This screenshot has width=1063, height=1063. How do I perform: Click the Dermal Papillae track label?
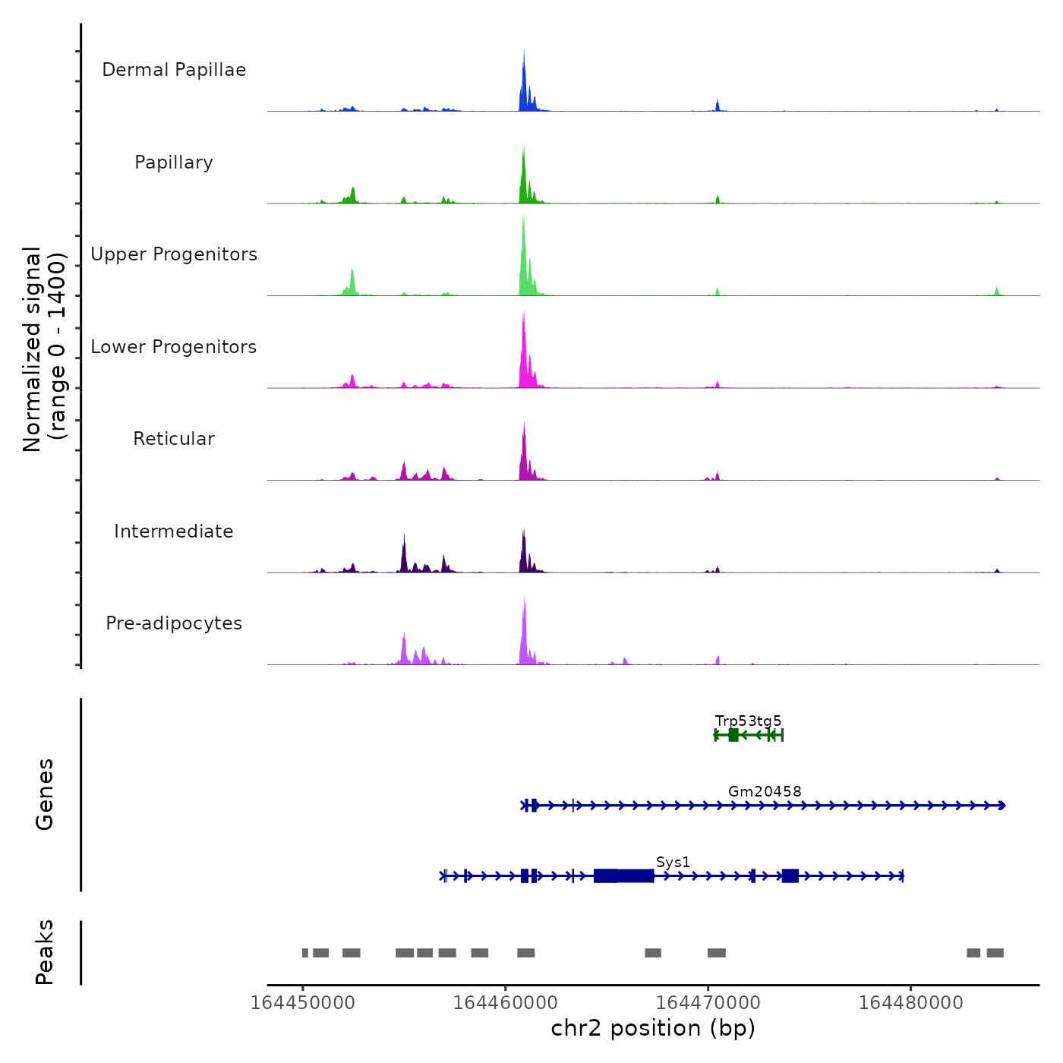pyautogui.click(x=174, y=70)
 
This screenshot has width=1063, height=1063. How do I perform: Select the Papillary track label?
pyautogui.click(x=174, y=162)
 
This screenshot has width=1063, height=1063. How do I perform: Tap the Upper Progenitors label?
pyautogui.click(x=174, y=254)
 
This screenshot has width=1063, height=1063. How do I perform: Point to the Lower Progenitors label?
pyautogui.click(x=174, y=347)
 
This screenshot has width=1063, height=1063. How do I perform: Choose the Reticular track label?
pyautogui.click(x=174, y=439)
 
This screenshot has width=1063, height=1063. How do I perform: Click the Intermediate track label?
pyautogui.click(x=174, y=531)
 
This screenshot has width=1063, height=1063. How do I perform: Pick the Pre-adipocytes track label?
pyautogui.click(x=174, y=623)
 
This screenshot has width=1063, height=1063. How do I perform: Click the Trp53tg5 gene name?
pyautogui.click(x=748, y=721)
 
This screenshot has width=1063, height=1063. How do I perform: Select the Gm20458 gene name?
pyautogui.click(x=765, y=791)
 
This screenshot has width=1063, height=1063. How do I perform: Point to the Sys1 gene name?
pyautogui.click(x=673, y=862)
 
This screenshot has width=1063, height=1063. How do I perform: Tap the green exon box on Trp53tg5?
pyautogui.click(x=733, y=735)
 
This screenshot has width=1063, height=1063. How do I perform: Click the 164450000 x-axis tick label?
pyautogui.click(x=302, y=1003)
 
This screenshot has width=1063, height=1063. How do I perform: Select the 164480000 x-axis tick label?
pyautogui.click(x=910, y=1003)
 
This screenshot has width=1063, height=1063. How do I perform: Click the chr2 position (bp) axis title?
pyautogui.click(x=653, y=1029)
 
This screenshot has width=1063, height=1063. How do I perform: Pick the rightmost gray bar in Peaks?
pyautogui.click(x=995, y=953)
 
